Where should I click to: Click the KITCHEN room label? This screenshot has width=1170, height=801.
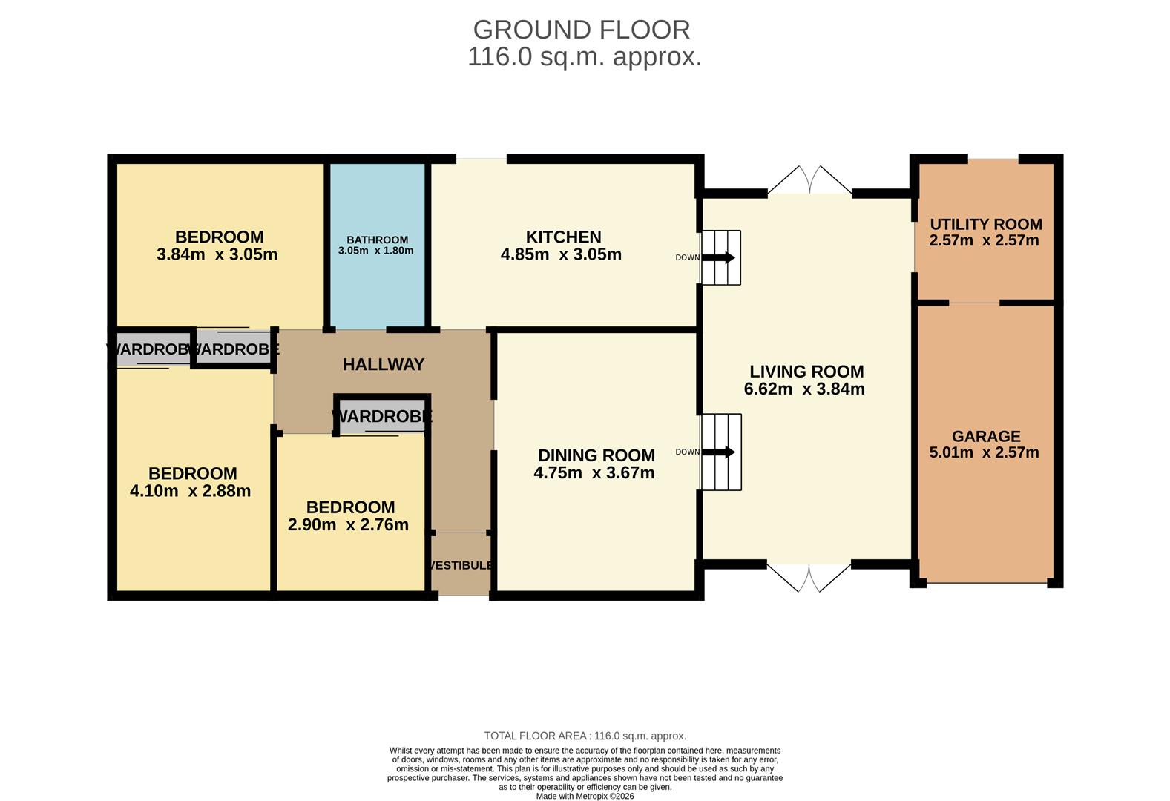[x=563, y=237]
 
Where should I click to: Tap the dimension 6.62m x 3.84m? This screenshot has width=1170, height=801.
[x=804, y=389]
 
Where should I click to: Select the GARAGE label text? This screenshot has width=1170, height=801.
[x=986, y=437]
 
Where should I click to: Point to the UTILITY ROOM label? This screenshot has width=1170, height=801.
[x=985, y=224]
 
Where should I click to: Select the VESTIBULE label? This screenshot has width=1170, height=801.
[x=461, y=566]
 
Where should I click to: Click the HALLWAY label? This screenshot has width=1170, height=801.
[x=384, y=365]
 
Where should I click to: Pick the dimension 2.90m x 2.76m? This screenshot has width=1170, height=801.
[x=348, y=525]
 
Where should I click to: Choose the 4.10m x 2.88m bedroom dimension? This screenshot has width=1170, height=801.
[x=190, y=491]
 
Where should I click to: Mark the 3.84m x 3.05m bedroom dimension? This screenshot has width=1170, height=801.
[x=217, y=255]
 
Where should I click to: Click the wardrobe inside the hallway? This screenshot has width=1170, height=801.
[x=381, y=416]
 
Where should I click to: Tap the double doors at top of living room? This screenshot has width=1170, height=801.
[x=809, y=180]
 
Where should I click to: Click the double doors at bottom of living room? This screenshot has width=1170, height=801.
[x=809, y=578]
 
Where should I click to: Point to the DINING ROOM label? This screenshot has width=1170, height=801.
[x=596, y=455]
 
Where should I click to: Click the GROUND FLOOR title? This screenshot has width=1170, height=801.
[x=582, y=30]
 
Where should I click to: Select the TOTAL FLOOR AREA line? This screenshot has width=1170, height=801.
[x=585, y=736]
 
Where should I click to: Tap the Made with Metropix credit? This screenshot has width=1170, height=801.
[x=585, y=796]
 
